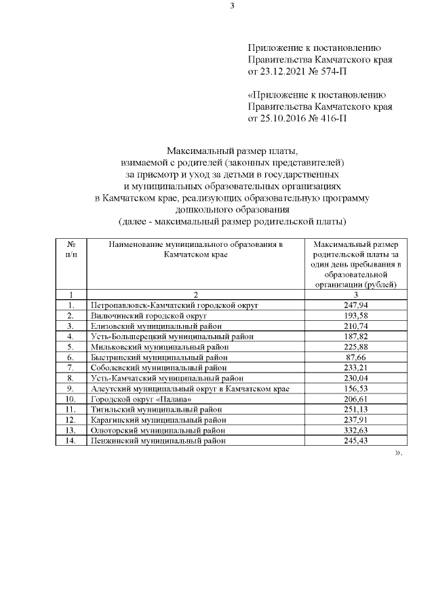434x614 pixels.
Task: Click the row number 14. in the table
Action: point(71,440)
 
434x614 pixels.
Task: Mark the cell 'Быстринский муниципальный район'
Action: point(159,357)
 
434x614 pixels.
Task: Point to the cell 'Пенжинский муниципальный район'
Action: point(157,440)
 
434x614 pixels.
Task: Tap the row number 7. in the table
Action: point(71,368)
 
